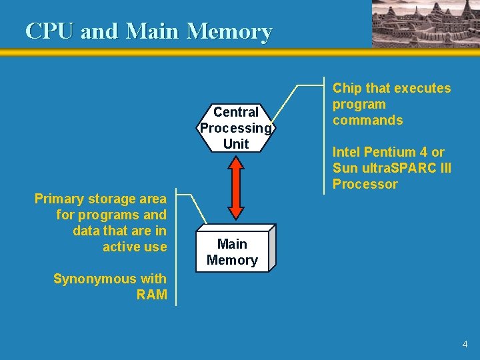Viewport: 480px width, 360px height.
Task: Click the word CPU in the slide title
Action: pos(50,31)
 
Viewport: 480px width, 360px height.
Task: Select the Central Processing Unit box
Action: pos(235,127)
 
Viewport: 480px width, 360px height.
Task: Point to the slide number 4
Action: pos(465,345)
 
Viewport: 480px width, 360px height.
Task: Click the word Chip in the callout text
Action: pos(346,88)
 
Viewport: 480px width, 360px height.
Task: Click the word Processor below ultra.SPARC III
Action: pos(365,184)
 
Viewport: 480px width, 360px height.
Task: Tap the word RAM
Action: pos(151,295)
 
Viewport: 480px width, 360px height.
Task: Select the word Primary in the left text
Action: pos(58,199)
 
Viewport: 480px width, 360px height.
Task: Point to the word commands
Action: pos(367,120)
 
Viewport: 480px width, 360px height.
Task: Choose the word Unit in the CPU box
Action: pos(236,143)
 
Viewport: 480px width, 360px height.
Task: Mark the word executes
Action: pos(421,88)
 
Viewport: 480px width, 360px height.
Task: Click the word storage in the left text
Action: pos(111,199)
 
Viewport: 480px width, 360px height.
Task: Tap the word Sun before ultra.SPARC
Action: pos(345,168)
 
